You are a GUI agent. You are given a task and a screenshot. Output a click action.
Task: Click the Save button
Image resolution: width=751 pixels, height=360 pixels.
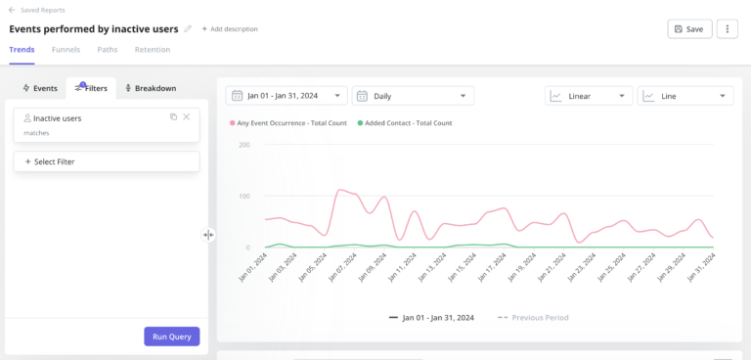pyautogui.click(x=689, y=29)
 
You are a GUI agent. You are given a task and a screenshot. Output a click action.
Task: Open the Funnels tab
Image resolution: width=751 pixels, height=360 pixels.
pyautogui.click(x=66, y=50)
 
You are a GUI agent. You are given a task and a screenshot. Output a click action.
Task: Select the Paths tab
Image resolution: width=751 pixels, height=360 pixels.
pyautogui.click(x=108, y=50)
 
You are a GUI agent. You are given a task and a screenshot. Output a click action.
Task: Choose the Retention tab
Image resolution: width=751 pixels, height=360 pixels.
pyautogui.click(x=153, y=50)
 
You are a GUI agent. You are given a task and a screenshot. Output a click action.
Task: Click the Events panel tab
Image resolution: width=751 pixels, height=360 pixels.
pyautogui.click(x=39, y=88)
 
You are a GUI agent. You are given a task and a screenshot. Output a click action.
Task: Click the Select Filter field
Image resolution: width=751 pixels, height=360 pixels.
pyautogui.click(x=107, y=161)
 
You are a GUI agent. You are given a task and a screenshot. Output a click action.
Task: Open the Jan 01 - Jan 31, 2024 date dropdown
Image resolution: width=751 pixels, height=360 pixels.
pyautogui.click(x=287, y=96)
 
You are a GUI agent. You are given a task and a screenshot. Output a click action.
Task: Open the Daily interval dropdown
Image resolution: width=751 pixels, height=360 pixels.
pyautogui.click(x=413, y=96)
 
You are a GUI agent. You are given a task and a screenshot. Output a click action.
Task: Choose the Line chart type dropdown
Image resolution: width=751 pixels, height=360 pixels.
pyautogui.click(x=685, y=96)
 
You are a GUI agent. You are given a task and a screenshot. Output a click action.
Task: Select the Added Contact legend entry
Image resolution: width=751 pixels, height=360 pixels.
pyautogui.click(x=405, y=123)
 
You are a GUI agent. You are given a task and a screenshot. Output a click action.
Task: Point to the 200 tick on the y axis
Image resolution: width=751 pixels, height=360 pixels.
pyautogui.click(x=243, y=145)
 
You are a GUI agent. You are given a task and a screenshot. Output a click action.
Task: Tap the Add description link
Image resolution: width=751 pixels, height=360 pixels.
pyautogui.click(x=230, y=29)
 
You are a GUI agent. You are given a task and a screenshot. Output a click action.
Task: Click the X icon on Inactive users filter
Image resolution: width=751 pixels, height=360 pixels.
pyautogui.click(x=187, y=117)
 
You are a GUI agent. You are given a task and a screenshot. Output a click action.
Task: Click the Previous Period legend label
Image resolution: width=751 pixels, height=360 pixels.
pyautogui.click(x=540, y=317)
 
